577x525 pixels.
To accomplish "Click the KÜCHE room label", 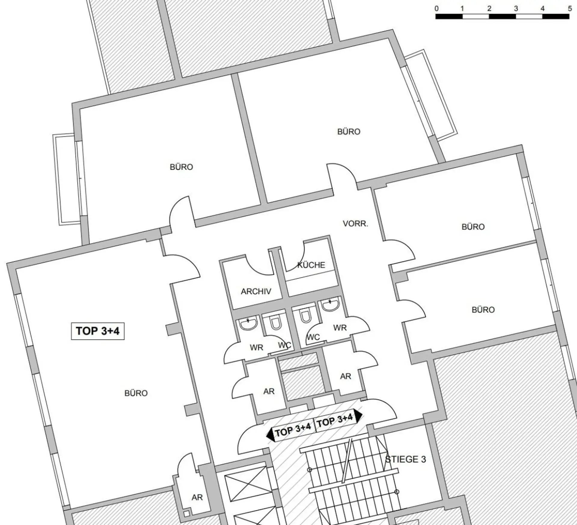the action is (311, 265).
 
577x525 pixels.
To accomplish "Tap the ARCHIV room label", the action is (256, 291).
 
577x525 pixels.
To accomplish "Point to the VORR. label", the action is (355, 224).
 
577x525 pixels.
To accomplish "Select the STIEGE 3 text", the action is (405, 459).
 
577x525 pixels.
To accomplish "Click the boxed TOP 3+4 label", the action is (98, 331).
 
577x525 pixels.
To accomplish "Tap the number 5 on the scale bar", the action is (569, 8).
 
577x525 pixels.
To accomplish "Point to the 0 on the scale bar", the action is (437, 8).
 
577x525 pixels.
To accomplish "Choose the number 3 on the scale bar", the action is (516, 8).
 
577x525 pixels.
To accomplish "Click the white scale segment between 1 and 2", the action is (476, 16).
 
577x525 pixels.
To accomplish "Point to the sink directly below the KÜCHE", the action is (331, 305).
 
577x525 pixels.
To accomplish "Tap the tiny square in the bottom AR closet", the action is (187, 514).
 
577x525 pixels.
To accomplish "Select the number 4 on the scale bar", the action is (543, 8).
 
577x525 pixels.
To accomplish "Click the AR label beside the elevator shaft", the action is (197, 497).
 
